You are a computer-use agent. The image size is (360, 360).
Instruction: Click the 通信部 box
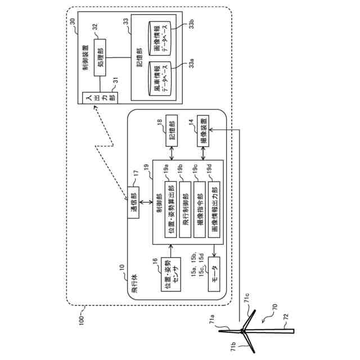(x=133, y=202)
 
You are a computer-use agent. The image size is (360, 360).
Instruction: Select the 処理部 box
(x=100, y=57)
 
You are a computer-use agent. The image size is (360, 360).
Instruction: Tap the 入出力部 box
(x=100, y=98)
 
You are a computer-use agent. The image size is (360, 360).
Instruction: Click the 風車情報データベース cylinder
(x=160, y=79)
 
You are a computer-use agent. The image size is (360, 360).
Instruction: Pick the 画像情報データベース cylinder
(x=160, y=38)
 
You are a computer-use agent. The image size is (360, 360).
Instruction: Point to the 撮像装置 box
(x=203, y=131)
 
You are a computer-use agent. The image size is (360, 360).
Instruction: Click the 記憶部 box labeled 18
(x=172, y=130)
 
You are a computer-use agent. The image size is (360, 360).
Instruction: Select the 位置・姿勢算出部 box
(x=170, y=209)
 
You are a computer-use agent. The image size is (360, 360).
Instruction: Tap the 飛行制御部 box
(x=185, y=209)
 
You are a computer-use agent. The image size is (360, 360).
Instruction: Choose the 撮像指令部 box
(x=200, y=209)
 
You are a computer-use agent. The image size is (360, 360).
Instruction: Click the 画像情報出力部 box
(x=214, y=209)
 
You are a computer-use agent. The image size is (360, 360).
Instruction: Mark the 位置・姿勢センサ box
(x=171, y=274)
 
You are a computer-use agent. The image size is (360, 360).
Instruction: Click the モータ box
(x=214, y=274)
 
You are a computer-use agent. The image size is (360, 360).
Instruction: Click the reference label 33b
(x=191, y=24)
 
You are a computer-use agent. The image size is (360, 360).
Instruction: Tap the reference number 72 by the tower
(x=285, y=317)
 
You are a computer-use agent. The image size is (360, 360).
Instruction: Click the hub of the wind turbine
(x=242, y=331)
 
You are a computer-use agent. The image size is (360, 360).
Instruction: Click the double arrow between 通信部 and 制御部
(x=146, y=202)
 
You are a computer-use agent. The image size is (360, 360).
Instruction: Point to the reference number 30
(x=72, y=21)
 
